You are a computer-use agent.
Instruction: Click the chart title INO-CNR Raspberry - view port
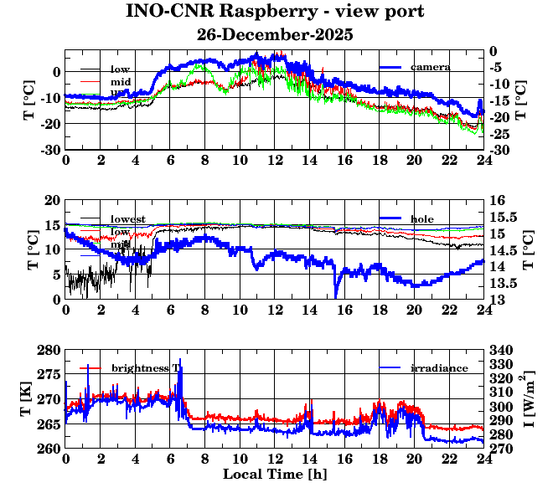pos(275,12)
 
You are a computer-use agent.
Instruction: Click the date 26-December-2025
pos(275,35)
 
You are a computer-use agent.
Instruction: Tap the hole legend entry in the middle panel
pos(423,218)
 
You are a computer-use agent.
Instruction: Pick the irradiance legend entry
pos(439,368)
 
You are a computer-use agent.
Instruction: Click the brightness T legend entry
pos(146,368)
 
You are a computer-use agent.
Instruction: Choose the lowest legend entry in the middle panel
pos(127,219)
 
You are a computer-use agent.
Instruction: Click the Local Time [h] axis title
pos(275,474)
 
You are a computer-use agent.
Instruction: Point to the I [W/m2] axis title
pos(530,399)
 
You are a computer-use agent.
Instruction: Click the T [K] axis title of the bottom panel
pos(28,399)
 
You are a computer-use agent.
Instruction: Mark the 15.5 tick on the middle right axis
pos(504,217)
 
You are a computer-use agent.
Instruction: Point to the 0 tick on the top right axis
pos(495,50)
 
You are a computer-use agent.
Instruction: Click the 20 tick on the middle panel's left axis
pos(52,200)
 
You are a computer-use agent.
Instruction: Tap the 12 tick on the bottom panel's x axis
pos(275,459)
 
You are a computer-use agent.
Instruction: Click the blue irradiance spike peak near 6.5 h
pos(178,360)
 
